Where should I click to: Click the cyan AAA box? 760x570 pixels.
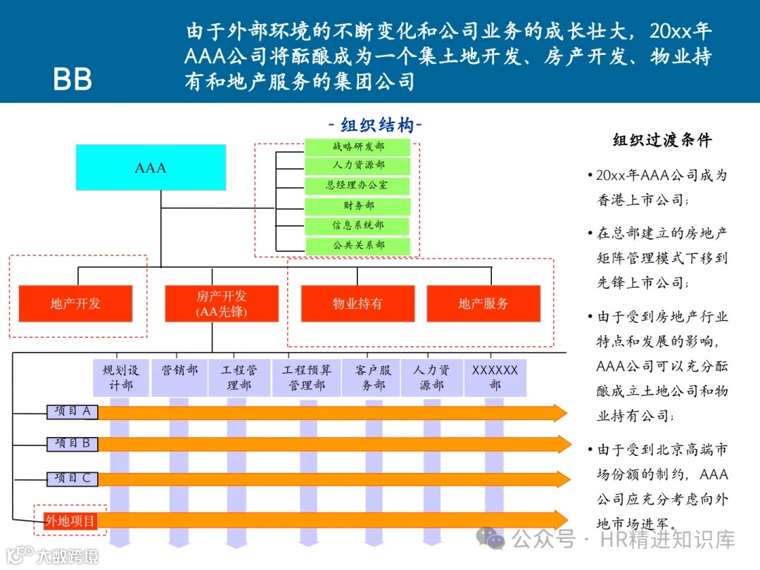click(151, 167)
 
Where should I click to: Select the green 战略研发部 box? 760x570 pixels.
click(357, 146)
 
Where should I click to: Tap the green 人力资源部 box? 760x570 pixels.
click(357, 166)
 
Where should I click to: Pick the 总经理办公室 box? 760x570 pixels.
click(357, 186)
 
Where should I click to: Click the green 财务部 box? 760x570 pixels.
click(357, 206)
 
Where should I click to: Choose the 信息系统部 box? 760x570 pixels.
click(357, 226)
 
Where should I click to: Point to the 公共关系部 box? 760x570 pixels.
click(357, 246)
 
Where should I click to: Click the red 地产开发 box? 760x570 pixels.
click(75, 303)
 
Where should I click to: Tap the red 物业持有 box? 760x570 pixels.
click(357, 303)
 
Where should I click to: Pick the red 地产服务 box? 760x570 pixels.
click(483, 303)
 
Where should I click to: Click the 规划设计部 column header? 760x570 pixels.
click(121, 378)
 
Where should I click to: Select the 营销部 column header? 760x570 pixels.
click(179, 372)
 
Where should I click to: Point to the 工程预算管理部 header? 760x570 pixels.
click(306, 378)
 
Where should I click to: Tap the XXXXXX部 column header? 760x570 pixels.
click(495, 378)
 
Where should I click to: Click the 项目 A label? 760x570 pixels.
click(72, 412)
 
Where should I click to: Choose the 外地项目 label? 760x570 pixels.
click(70, 521)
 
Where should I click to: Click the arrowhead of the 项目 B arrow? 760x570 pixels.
click(562, 444)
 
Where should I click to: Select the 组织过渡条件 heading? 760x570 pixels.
click(661, 140)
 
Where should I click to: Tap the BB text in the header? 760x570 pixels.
click(72, 80)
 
